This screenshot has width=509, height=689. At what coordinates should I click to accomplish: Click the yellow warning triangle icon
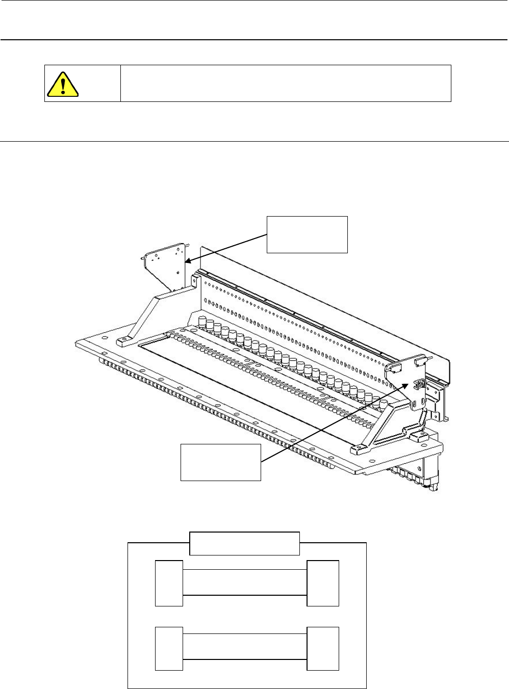(x=63, y=85)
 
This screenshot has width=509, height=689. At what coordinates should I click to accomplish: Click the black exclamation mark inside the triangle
(x=63, y=86)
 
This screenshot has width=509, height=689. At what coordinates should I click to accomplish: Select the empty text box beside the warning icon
(x=286, y=83)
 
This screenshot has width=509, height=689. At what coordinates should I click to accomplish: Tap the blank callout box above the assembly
(x=308, y=234)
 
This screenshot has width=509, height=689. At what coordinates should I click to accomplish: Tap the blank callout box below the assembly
(x=221, y=462)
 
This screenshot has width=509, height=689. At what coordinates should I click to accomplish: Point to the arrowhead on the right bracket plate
(x=408, y=386)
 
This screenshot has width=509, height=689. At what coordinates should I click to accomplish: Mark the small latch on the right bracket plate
(x=421, y=385)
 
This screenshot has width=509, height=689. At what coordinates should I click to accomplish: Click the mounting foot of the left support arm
(x=124, y=340)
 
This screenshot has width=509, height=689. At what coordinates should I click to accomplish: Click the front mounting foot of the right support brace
(x=358, y=449)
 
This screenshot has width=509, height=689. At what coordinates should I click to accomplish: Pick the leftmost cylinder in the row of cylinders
(x=202, y=323)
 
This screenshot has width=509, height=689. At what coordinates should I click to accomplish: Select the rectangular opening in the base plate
(x=245, y=387)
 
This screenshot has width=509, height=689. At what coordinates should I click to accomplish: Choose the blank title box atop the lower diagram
(x=244, y=543)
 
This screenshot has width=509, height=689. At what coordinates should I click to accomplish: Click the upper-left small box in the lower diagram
(x=169, y=583)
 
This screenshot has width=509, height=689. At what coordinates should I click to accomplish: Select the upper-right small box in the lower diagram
(x=323, y=583)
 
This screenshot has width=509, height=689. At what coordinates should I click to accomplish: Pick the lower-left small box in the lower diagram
(x=169, y=649)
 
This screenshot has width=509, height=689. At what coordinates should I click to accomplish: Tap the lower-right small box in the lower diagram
(x=323, y=649)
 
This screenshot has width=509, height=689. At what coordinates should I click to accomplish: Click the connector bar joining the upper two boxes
(x=245, y=582)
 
